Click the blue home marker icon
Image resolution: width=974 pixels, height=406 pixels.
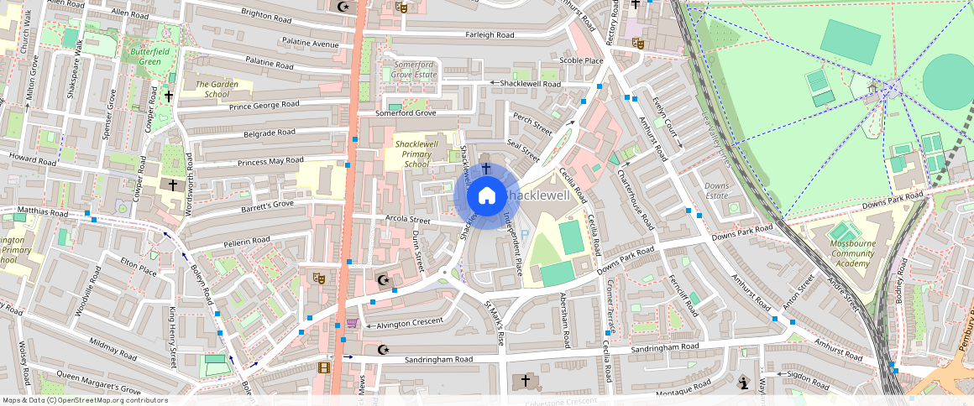pyautogui.click(x=486, y=195)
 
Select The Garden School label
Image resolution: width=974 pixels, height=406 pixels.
pyautogui.click(x=212, y=89)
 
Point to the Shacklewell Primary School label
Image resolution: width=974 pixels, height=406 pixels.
pyautogui.click(x=416, y=154)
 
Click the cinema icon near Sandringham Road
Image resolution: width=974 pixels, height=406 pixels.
pyautogui.click(x=324, y=366)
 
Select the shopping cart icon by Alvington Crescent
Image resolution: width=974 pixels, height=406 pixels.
pyautogui.click(x=352, y=324)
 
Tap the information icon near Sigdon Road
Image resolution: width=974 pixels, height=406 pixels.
pyautogui.click(x=743, y=383)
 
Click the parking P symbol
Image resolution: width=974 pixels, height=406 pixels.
pyautogui.click(x=525, y=237)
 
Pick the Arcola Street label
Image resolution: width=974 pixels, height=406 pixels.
pyautogui.click(x=407, y=221)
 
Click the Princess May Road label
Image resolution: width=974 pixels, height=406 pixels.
pyautogui.click(x=270, y=161)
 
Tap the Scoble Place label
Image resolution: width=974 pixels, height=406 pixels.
pyautogui.click(x=581, y=60)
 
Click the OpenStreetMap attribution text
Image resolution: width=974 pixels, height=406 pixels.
pyautogui.click(x=85, y=400)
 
